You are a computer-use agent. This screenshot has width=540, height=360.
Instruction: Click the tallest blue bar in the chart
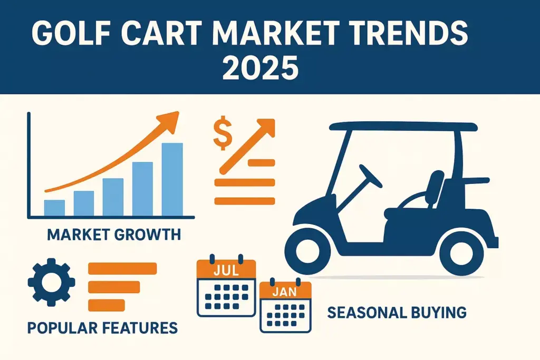[172, 179]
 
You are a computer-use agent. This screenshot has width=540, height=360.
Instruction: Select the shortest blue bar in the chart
[54, 208]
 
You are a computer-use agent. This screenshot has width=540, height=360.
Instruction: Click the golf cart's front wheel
[313, 249]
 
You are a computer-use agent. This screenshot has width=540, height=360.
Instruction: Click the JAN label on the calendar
[286, 291]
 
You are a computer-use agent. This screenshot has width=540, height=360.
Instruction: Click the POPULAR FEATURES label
[102, 328]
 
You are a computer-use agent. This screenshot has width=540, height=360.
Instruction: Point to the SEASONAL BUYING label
[397, 313]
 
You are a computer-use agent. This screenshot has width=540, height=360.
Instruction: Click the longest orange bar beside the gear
[122, 268]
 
